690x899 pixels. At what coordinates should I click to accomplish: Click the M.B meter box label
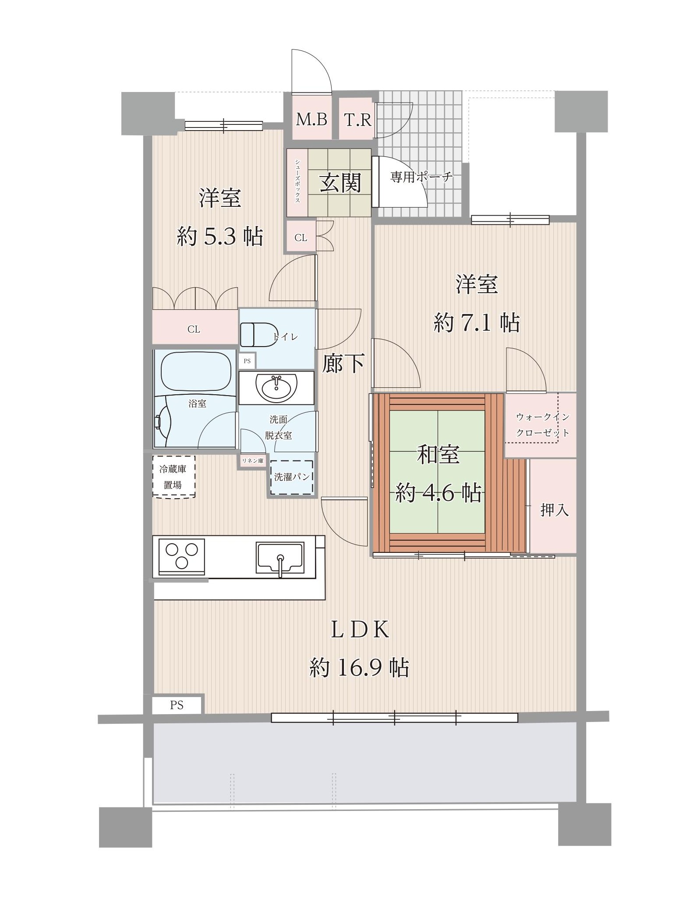[x=311, y=119]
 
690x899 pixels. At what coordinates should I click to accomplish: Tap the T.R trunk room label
[x=357, y=119]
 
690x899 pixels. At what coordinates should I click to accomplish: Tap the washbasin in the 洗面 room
[x=276, y=388]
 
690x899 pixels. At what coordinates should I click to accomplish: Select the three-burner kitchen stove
[x=181, y=556]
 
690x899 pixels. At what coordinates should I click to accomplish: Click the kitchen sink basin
[x=280, y=557]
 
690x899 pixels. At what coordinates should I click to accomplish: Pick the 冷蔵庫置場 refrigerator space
[x=173, y=477]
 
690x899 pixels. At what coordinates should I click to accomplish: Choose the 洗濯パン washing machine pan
[x=291, y=478]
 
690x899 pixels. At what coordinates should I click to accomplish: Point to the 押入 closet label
[x=554, y=510]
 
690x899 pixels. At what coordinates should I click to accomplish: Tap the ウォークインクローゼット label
[x=542, y=425]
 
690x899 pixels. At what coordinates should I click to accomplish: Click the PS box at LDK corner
[x=177, y=705]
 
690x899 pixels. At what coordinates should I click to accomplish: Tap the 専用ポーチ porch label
[x=421, y=177]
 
